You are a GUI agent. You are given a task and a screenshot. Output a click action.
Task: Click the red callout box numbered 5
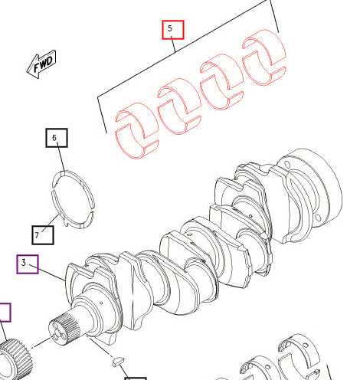tap(172, 30)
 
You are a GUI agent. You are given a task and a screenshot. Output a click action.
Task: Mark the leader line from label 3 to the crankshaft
tap(51, 274)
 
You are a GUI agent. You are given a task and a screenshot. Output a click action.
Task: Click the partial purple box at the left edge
tap(5, 312)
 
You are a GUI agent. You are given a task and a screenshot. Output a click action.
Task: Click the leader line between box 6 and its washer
tap(58, 159)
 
